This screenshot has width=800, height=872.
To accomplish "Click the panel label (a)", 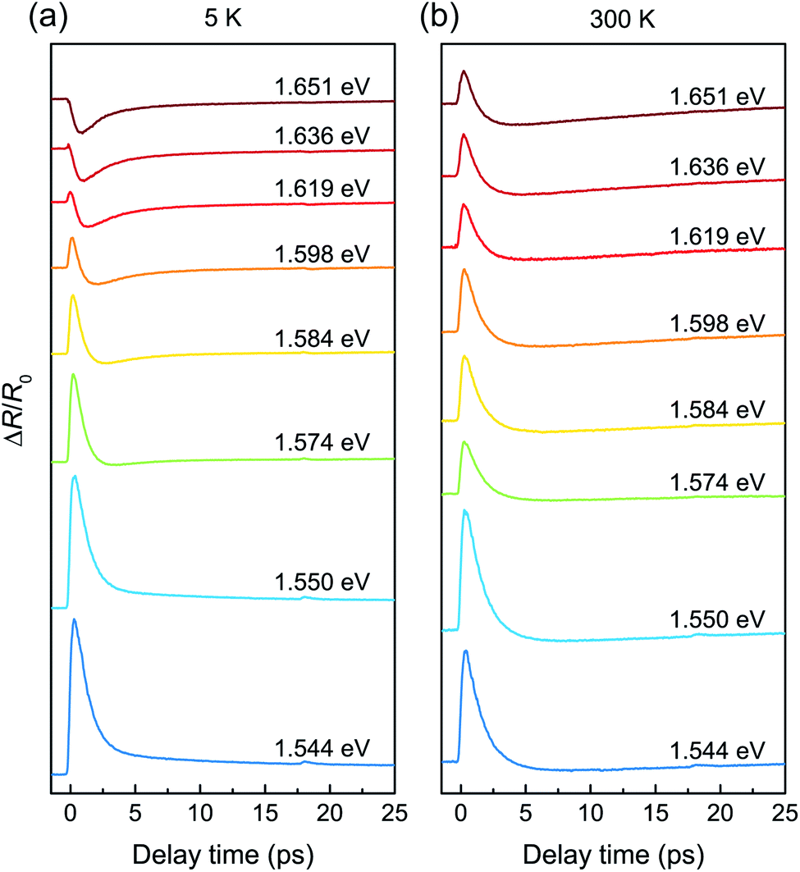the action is [48, 17].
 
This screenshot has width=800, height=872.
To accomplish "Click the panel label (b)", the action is [439, 17].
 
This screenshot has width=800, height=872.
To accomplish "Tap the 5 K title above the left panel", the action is [223, 18].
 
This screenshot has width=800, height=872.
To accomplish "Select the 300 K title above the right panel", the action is [623, 20].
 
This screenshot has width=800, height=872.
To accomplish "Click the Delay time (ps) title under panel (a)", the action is [223, 854].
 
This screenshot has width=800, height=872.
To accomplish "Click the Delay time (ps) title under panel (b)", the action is [614, 854].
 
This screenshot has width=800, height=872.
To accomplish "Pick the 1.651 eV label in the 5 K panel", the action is [322, 87].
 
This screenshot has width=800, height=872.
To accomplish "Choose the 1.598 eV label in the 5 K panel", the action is [322, 254].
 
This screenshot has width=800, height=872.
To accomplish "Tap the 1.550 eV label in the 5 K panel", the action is [322, 582].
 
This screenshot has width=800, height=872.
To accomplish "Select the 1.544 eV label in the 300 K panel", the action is [718, 751].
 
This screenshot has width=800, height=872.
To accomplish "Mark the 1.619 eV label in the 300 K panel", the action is [718, 236].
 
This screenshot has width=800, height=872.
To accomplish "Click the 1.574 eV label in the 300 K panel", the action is [718, 482].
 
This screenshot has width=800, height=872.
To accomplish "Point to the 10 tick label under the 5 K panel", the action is [199, 813].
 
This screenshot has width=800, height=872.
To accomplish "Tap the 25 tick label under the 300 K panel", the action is [785, 813].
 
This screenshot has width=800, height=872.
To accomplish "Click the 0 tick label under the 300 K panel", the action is [460, 813].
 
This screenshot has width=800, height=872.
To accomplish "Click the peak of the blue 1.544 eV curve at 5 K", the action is [73, 619].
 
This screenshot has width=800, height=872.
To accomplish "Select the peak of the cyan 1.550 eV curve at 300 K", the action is [465, 510].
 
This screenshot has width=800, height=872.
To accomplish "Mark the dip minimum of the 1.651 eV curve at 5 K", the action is [81, 132].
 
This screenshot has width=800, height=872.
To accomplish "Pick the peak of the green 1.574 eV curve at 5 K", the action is [73, 375].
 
